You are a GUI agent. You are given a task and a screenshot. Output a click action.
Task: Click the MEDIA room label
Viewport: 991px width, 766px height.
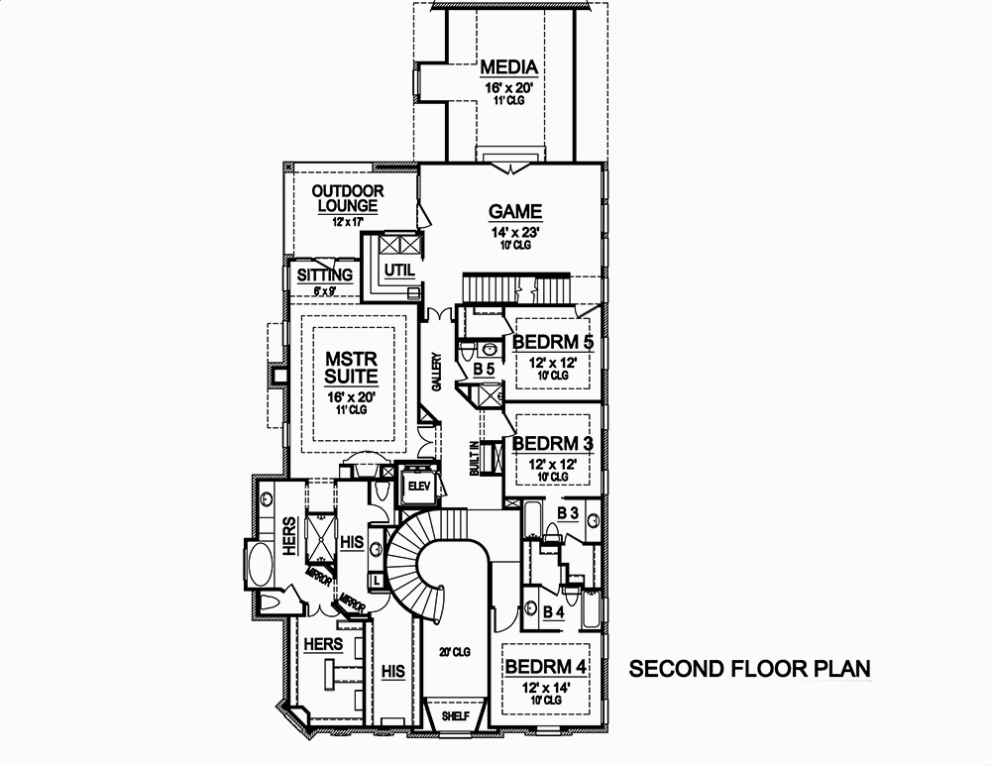(509, 67)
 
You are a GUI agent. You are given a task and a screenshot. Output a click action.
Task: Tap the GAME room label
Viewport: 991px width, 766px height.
(515, 211)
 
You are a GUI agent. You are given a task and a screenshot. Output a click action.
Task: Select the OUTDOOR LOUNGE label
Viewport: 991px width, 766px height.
(347, 198)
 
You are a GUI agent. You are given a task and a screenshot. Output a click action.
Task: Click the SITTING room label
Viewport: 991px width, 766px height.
(325, 274)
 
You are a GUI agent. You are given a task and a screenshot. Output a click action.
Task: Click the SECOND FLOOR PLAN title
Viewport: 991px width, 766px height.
(750, 669)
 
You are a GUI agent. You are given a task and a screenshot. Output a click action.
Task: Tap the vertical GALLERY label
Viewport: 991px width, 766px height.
(436, 373)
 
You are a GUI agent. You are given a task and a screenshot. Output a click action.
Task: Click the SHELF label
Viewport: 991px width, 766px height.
(456, 714)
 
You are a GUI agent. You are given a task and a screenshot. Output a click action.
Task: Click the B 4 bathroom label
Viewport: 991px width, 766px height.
(553, 612)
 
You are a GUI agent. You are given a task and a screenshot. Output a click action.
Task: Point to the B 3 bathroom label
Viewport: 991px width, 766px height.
(567, 512)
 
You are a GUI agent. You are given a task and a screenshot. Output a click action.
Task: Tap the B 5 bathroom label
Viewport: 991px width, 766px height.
(483, 369)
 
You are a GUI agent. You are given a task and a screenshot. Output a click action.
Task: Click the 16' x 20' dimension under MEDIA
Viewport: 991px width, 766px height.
(509, 88)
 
